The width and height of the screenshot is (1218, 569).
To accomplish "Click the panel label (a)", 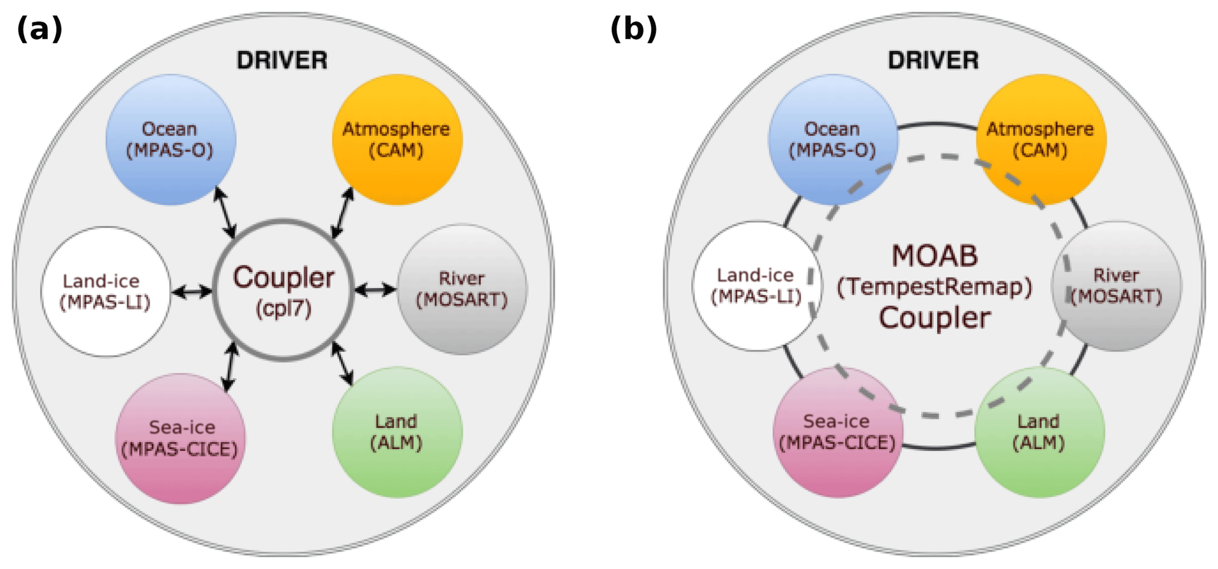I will click(39, 29).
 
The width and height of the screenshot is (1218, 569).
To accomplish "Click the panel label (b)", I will click(633, 29).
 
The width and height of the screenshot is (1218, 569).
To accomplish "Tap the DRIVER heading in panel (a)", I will click(282, 60).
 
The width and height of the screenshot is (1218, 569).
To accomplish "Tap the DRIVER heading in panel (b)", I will click(933, 60).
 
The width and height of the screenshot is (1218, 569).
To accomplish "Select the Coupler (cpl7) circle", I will click(283, 290).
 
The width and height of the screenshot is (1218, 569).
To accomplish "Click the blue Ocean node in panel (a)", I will click(171, 140).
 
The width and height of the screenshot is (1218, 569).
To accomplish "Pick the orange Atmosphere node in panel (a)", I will click(397, 140).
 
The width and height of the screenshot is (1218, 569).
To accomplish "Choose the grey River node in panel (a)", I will click(463, 289).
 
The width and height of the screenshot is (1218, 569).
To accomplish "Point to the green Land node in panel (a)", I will click(397, 432).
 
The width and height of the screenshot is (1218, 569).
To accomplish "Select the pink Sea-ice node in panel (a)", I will click(180, 438).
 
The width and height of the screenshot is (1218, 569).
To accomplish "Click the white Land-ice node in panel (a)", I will click(106, 291).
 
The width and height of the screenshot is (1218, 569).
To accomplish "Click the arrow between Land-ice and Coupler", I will click(192, 291).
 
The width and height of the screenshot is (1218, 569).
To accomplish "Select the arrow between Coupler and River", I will click(375, 290).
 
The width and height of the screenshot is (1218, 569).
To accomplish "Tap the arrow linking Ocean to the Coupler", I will click(225, 212).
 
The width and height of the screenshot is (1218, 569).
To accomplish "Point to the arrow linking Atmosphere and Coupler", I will click(342, 212).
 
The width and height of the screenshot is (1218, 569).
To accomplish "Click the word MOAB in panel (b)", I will click(935, 256).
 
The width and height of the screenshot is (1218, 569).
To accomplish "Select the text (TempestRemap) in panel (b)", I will click(935, 287).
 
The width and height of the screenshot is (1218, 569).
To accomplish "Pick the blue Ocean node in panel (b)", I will click(832, 140).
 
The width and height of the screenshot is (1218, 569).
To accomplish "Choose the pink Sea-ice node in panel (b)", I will click(837, 432).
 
